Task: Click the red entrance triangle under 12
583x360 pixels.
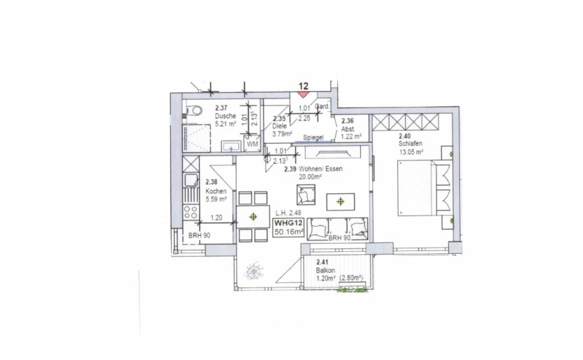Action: pyautogui.click(x=303, y=95)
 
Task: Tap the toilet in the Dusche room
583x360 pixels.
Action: pyautogui.click(x=194, y=110)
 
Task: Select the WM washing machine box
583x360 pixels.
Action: pyautogui.click(x=253, y=144)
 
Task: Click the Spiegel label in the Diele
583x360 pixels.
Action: pyautogui.click(x=313, y=137)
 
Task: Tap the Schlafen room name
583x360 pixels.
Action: pyautogui.click(x=411, y=144)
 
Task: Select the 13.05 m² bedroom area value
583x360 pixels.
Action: pyautogui.click(x=411, y=152)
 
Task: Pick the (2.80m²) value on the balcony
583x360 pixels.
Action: pyautogui.click(x=350, y=278)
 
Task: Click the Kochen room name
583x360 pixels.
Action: pyautogui.click(x=216, y=192)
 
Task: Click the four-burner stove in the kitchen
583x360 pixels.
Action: pyautogui.click(x=190, y=212)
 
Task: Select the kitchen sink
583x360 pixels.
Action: pyautogui.click(x=190, y=180)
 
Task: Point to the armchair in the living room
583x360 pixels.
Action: pyautogui.click(x=306, y=194)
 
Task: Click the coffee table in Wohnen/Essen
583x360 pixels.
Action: pyautogui.click(x=341, y=202)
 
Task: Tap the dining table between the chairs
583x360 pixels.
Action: pyautogui.click(x=253, y=217)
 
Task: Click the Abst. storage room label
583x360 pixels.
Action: pyautogui.click(x=349, y=129)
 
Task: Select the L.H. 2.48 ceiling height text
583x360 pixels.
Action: pyautogui.click(x=288, y=213)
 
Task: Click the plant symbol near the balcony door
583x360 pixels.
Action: pyautogui.click(x=254, y=271)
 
